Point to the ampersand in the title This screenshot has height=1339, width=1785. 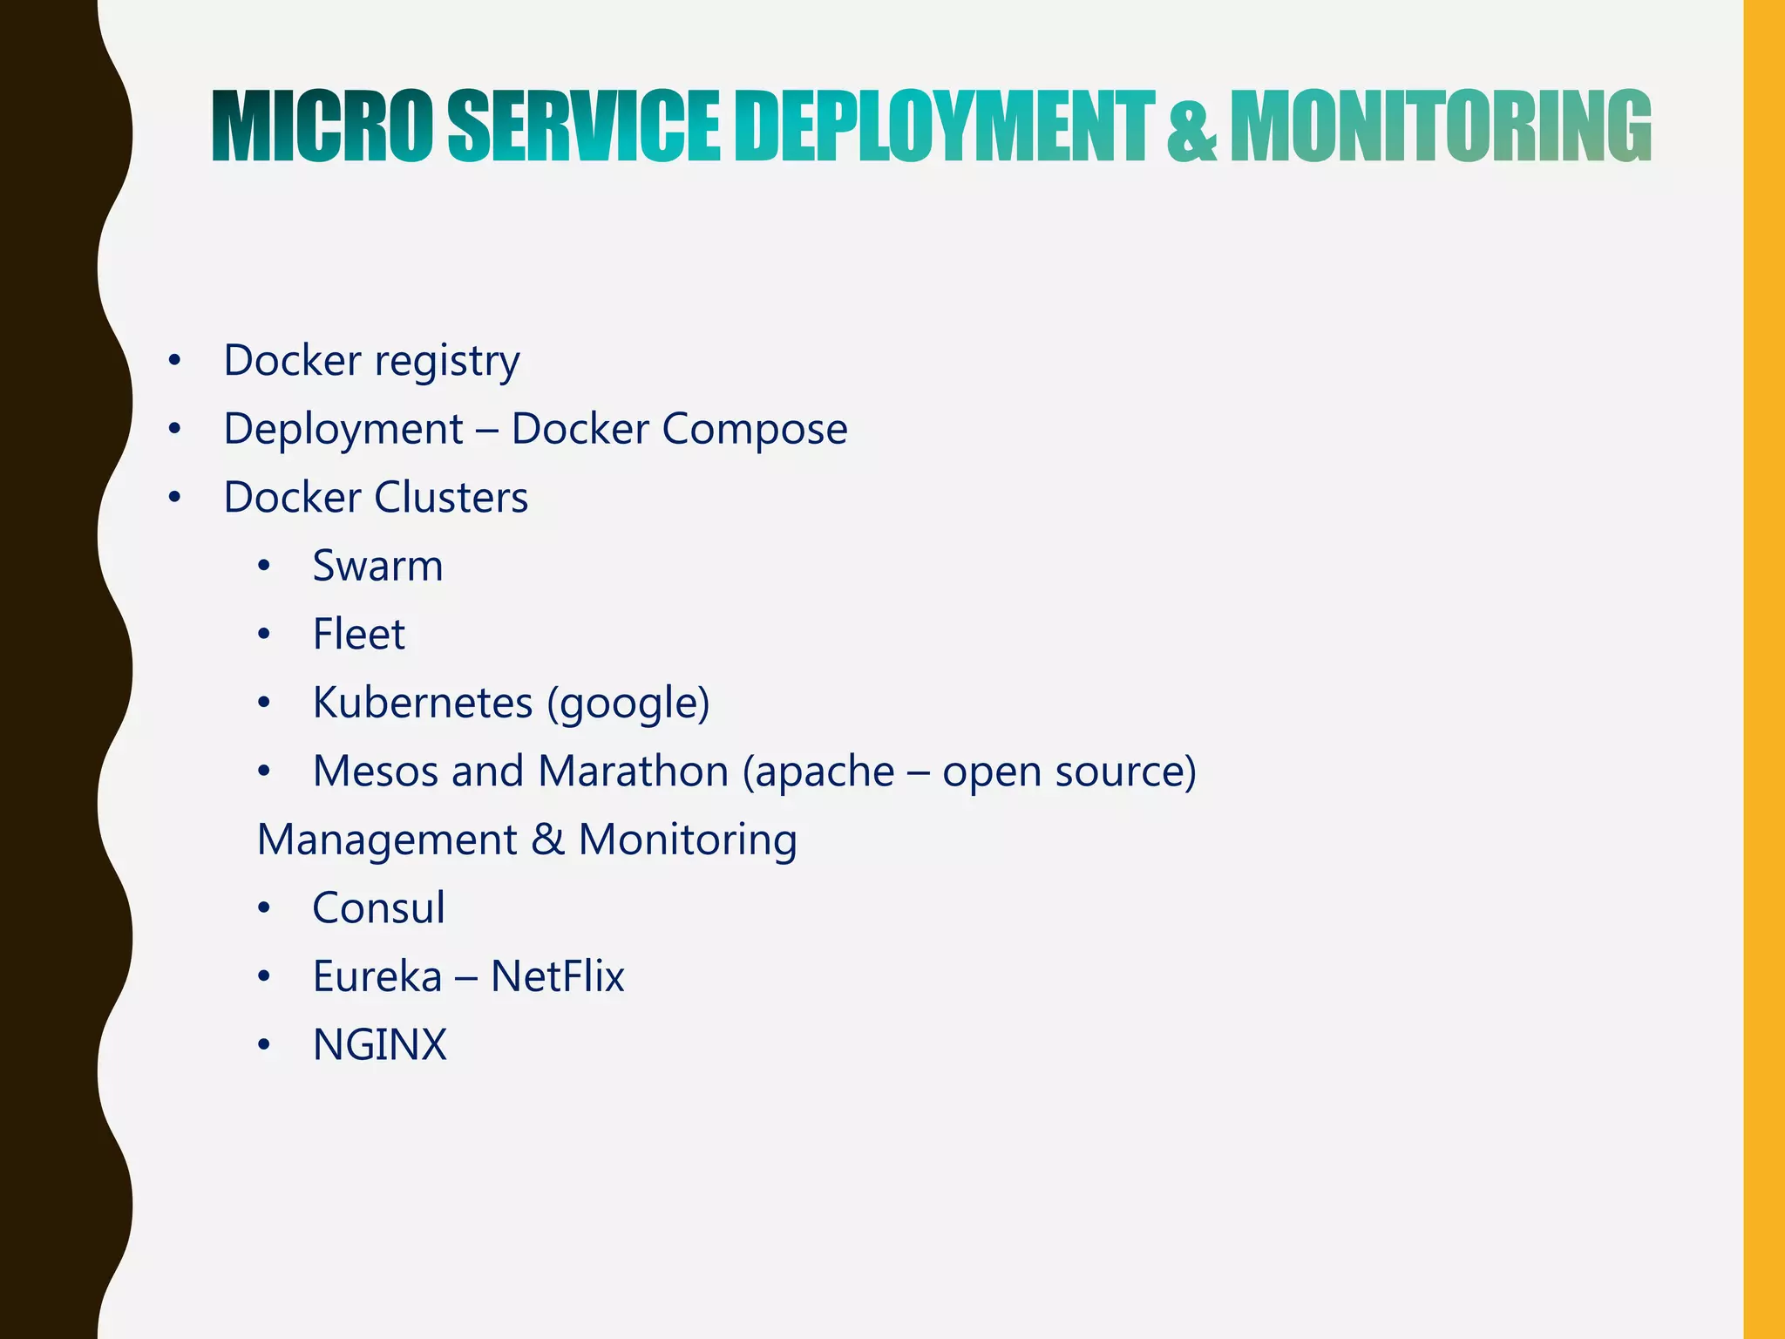[1191, 128]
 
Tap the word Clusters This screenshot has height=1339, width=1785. [451, 498]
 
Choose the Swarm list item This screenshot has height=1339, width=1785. [377, 566]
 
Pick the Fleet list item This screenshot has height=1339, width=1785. [358, 634]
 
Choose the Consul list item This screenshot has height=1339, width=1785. [378, 908]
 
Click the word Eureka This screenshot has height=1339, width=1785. [377, 976]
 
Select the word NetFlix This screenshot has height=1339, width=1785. [558, 976]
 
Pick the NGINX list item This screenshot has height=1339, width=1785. [379, 1045]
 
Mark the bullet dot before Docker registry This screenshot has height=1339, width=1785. [175, 360]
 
